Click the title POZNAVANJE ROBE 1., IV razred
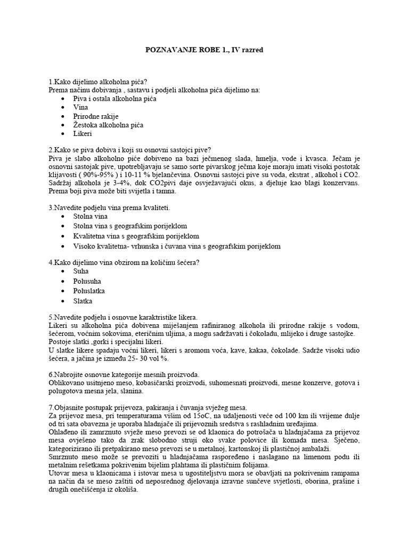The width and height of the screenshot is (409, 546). point(204,50)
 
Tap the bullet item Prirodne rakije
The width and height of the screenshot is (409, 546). point(96,116)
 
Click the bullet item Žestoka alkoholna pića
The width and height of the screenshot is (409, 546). point(109,125)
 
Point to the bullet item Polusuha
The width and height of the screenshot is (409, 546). point(87,281)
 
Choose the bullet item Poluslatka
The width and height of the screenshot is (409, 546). point(89,291)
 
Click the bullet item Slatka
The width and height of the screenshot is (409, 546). point(83,301)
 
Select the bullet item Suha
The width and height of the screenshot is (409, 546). point(82,271)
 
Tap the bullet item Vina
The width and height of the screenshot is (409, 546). point(81,107)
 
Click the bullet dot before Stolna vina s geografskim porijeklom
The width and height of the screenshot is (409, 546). point(64,226)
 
